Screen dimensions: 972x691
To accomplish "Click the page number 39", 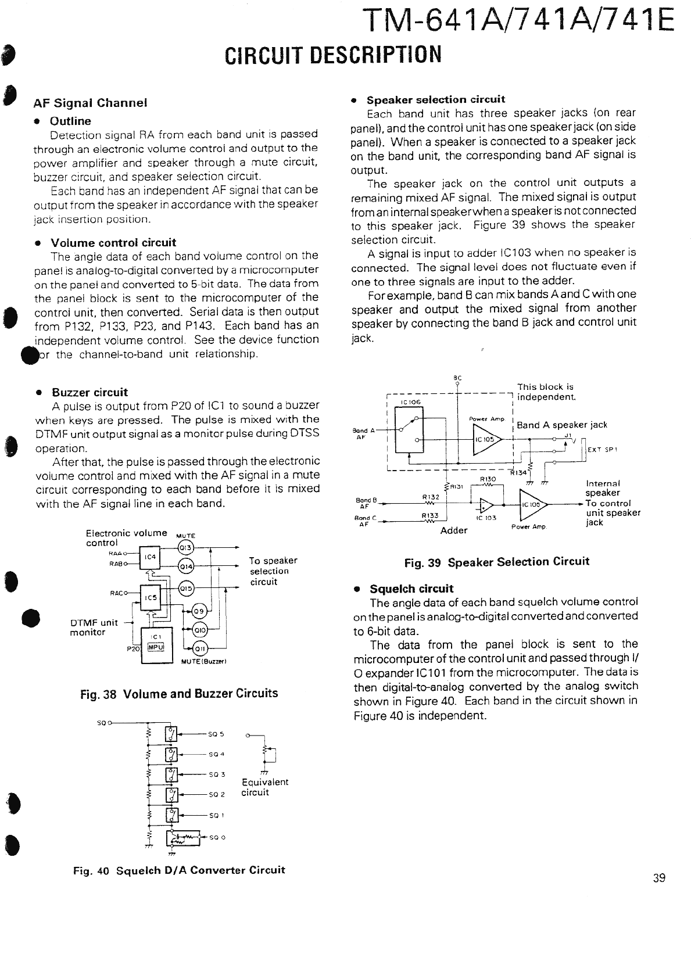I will point(658,878).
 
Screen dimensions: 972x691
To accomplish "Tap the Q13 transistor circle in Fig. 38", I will point(186,547).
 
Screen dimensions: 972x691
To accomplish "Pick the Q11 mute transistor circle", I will point(199,649).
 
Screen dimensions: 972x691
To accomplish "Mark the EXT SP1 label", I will point(602,450).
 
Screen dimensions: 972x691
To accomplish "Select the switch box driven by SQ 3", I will point(171,774).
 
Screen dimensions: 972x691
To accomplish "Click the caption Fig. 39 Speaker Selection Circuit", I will point(496,562).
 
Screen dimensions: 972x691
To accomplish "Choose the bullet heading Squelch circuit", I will point(411,589).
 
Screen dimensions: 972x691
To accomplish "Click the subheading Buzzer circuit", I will point(89,392).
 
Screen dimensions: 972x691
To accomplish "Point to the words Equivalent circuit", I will point(264,787).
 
